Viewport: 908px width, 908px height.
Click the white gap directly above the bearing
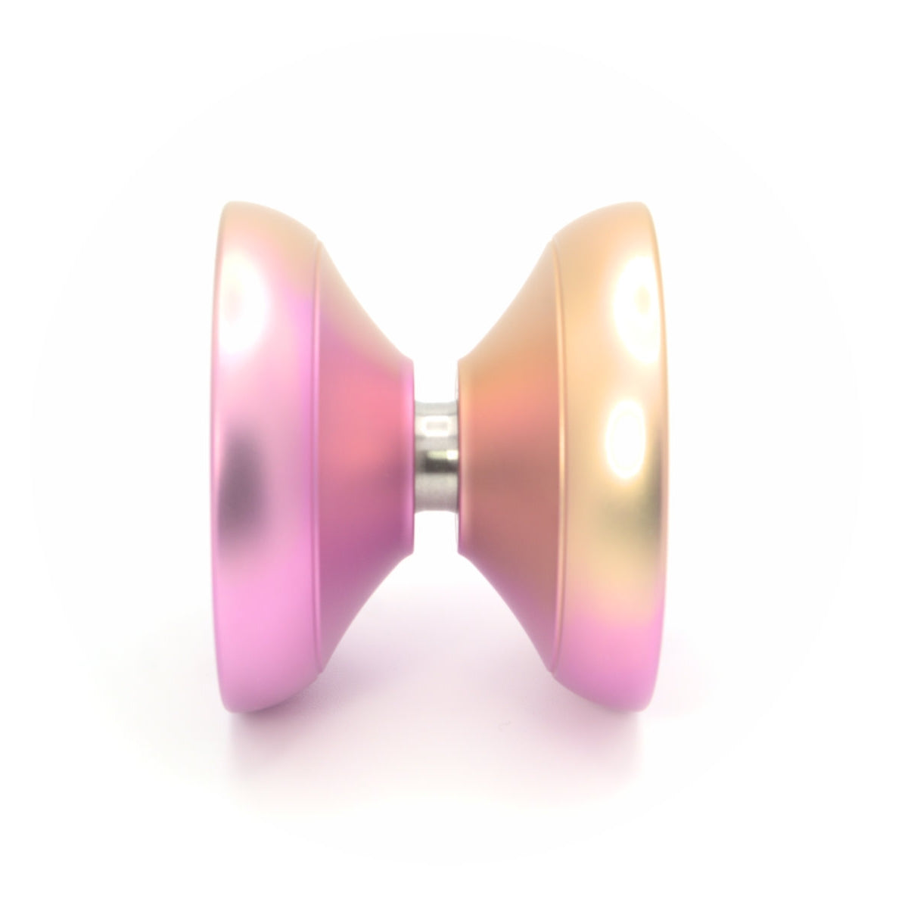[436, 318]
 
